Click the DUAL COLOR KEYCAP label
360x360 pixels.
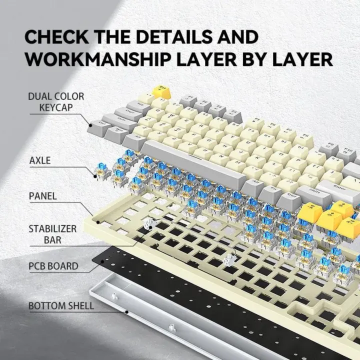pos(56,101)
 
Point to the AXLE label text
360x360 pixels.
pos(40,161)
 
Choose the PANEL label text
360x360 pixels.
pos(42,195)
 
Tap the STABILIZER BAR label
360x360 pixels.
pos(52,234)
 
